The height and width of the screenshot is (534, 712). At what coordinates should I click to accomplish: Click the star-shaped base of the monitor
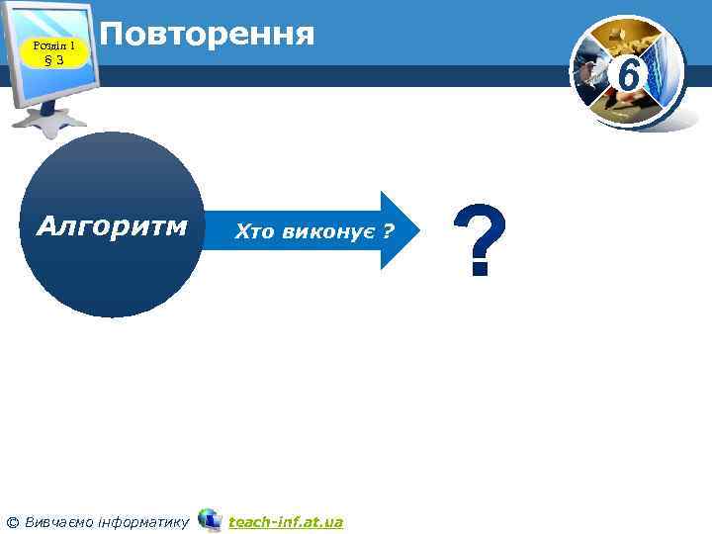tap(49, 120)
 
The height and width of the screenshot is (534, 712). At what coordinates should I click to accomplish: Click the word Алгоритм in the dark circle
tap(111, 226)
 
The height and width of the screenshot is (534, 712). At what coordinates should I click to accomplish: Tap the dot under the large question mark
tap(480, 269)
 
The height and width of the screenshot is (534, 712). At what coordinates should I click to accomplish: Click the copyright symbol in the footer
tap(13, 521)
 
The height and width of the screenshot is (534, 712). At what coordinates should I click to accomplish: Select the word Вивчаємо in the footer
tap(58, 521)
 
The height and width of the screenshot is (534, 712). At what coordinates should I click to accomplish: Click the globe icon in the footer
tap(209, 519)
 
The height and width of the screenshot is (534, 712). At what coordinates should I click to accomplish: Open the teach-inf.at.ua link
tap(286, 521)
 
